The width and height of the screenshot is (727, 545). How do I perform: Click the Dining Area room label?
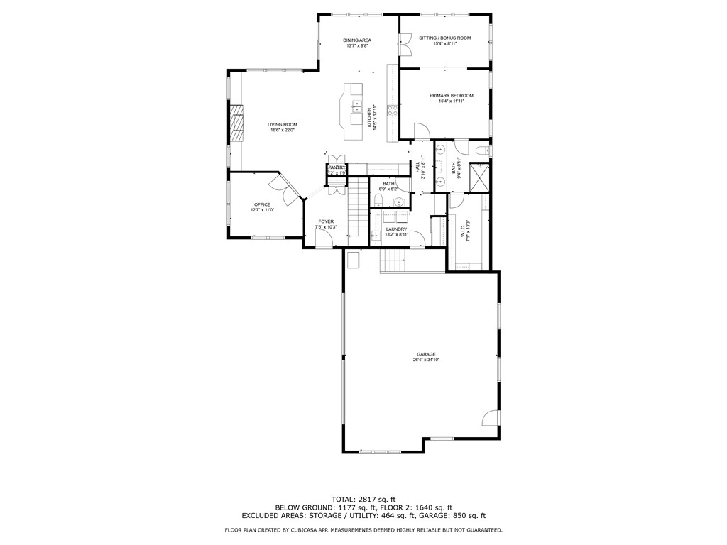point(358,40)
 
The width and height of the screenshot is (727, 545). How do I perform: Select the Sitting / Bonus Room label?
point(444,38)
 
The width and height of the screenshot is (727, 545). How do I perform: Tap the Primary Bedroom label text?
point(451,95)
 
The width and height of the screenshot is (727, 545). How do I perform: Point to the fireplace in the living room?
point(236,124)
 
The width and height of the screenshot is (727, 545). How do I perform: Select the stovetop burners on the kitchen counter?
point(391,110)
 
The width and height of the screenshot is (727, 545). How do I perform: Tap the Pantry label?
point(337,167)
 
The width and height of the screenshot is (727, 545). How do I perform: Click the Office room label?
point(263,204)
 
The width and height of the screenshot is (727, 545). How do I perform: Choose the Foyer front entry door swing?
point(322,242)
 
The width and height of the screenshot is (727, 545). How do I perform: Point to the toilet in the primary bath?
point(483,150)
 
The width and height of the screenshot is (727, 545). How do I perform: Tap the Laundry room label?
point(396,229)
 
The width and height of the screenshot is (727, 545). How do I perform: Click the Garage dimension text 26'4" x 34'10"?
point(426,360)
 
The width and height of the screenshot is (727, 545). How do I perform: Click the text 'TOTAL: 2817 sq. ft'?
point(363,499)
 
